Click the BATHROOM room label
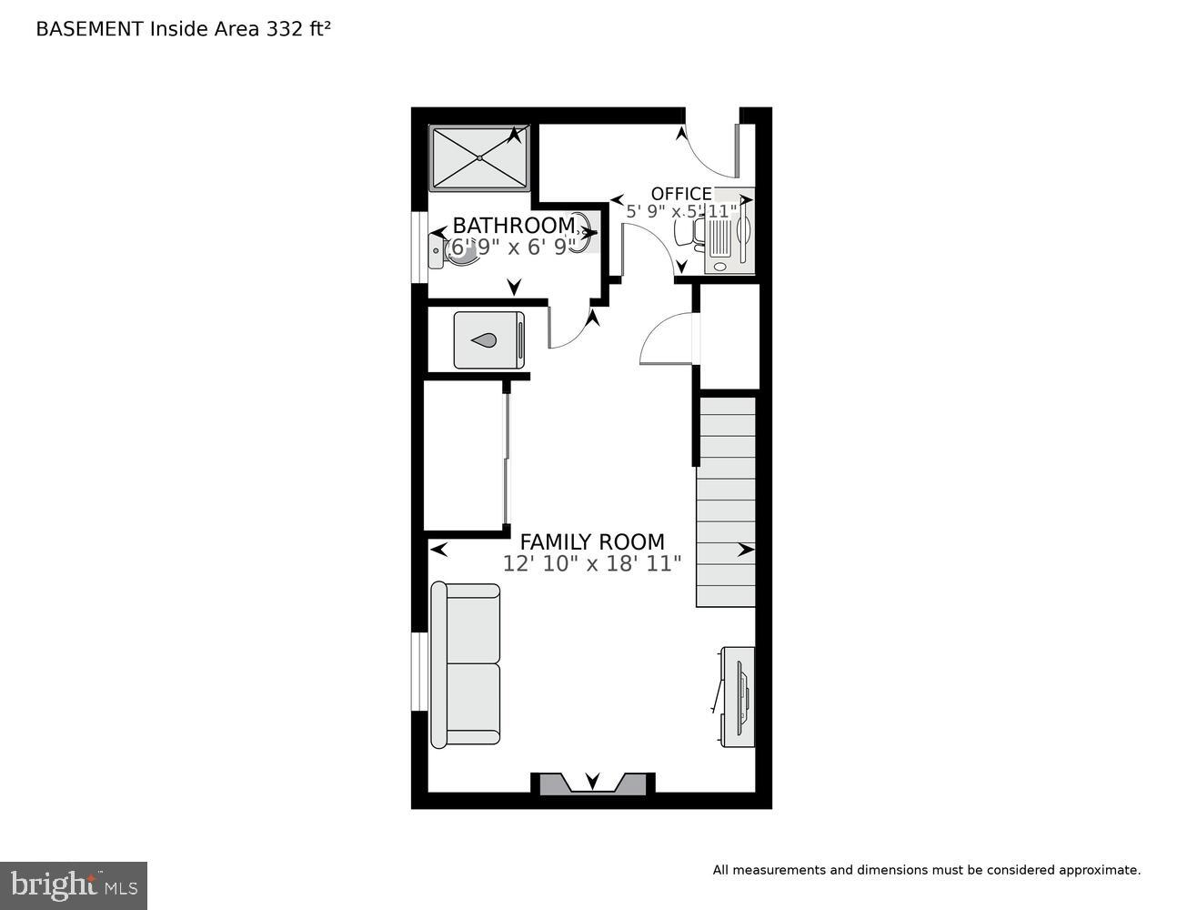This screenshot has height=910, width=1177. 514,225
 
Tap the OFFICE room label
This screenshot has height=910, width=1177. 681,194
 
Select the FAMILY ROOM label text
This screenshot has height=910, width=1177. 591,542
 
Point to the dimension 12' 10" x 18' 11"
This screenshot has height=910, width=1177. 591,564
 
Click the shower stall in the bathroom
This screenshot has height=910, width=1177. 479,158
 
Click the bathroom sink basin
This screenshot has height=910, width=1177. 583,235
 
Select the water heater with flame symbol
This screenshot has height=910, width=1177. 488,339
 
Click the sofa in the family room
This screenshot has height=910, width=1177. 466,664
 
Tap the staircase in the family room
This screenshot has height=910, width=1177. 726,500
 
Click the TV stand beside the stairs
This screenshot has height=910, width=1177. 738,696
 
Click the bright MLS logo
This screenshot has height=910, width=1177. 73,885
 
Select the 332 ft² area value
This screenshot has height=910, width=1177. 297,29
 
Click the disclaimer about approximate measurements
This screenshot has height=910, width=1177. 925,870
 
